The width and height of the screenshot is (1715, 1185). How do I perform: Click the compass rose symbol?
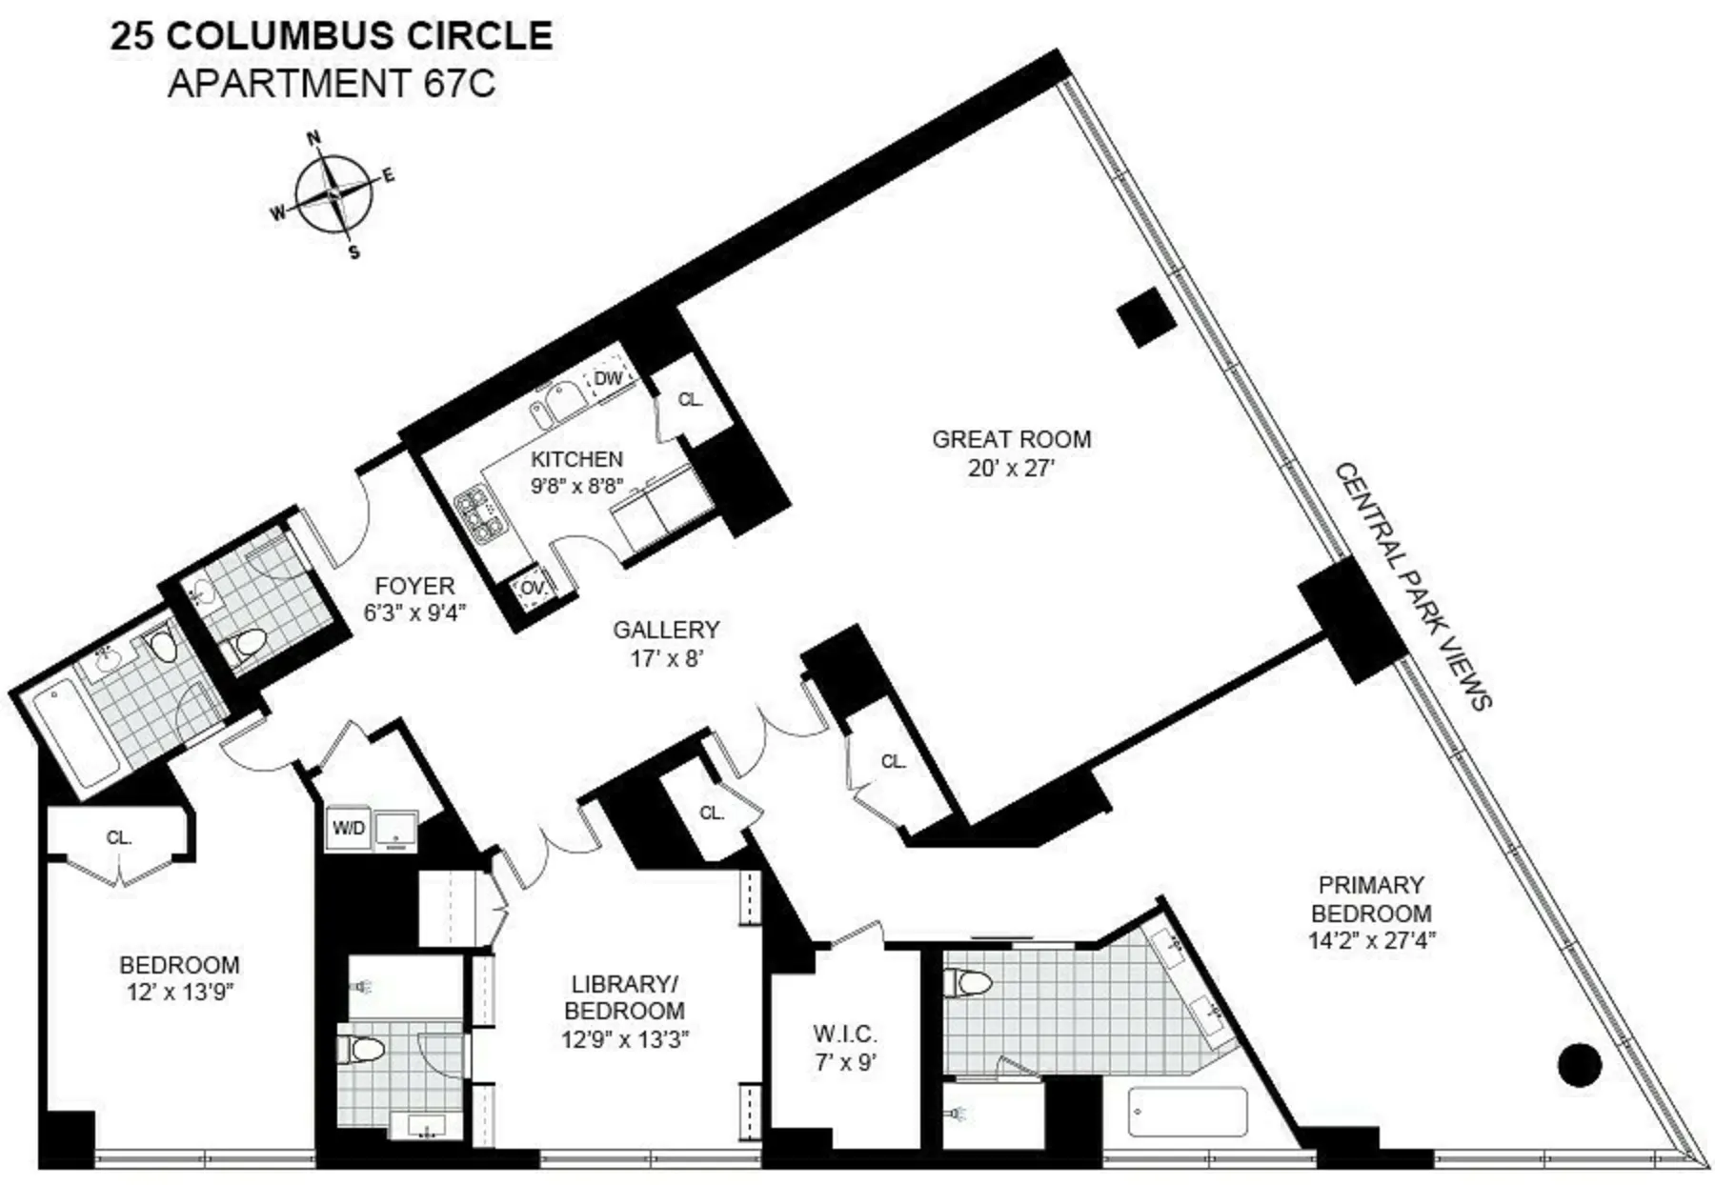[x=333, y=193]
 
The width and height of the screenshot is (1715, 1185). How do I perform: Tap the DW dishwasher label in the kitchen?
[x=608, y=378]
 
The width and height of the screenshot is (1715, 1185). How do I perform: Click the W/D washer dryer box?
[x=348, y=828]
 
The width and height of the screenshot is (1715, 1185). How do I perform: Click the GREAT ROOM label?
[x=1011, y=439]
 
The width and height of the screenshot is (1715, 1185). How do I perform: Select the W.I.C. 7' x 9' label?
[x=845, y=1047]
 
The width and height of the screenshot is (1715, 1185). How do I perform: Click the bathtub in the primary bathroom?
[x=1187, y=1112]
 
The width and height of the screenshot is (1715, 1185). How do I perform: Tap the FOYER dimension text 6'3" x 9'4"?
[x=414, y=613]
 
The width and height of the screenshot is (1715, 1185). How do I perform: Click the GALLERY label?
[x=666, y=630]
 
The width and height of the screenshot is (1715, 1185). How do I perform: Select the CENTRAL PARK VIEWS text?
[x=1412, y=586]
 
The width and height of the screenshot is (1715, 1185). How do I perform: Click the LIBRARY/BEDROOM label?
[x=624, y=996]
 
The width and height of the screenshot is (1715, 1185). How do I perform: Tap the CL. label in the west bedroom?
[x=119, y=837]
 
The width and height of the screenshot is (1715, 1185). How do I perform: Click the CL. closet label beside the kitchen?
[x=691, y=400]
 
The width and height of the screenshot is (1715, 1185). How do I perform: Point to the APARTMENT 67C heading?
[x=332, y=84]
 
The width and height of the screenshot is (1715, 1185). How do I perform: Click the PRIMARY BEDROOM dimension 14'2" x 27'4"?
[x=1372, y=940]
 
